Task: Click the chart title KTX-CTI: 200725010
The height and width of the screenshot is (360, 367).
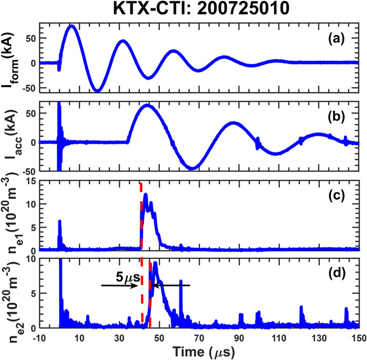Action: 203,9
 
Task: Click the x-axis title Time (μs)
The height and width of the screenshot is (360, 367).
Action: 204,351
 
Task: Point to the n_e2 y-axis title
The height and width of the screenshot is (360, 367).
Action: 12,294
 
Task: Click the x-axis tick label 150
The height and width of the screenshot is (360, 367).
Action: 359,338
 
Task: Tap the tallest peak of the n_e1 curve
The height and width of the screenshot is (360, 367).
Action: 145,195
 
